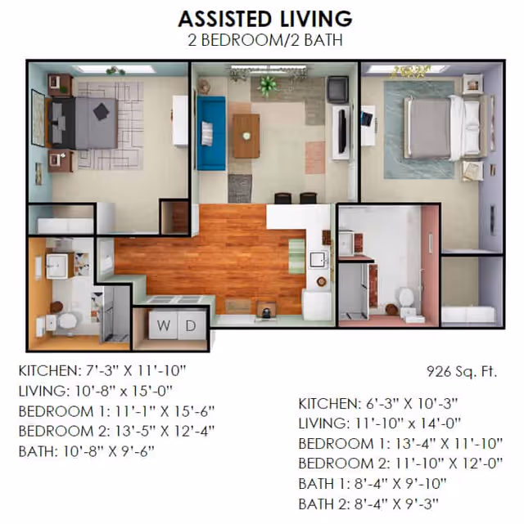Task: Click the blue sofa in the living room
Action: click(211, 133)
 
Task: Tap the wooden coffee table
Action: click(246, 136)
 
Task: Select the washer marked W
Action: click(163, 325)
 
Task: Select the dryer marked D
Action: click(191, 325)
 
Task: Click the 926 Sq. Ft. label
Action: click(462, 371)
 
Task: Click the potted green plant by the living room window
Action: click(268, 86)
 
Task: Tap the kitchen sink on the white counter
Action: click(318, 260)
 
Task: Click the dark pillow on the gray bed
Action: click(101, 111)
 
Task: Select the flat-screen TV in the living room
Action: click(341, 132)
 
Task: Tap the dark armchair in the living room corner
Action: click(338, 89)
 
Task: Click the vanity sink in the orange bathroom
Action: click(57, 266)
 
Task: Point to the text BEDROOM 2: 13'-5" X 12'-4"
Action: click(116, 431)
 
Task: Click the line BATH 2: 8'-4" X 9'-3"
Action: click(368, 504)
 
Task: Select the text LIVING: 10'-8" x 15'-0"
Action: click(95, 391)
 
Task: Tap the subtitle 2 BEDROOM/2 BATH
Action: click(265, 40)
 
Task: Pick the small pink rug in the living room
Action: click(315, 158)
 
